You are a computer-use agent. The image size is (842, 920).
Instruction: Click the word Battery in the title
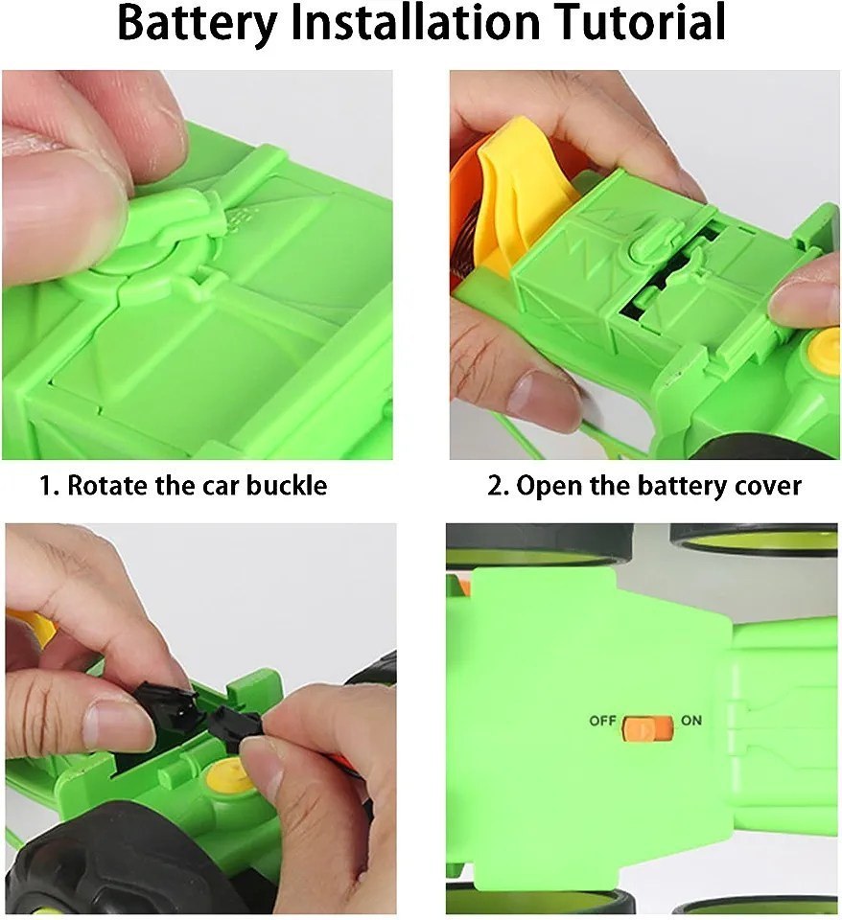click(197, 23)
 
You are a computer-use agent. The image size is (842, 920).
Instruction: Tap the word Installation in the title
click(415, 21)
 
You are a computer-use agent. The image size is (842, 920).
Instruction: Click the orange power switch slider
click(647, 728)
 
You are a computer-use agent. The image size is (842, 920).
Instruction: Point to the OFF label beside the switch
click(602, 721)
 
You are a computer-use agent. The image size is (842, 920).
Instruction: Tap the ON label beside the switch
click(691, 720)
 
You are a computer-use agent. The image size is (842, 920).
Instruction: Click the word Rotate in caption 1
click(107, 485)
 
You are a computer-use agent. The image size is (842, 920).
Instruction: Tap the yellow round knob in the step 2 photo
click(824, 348)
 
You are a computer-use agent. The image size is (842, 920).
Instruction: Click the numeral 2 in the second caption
click(494, 487)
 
